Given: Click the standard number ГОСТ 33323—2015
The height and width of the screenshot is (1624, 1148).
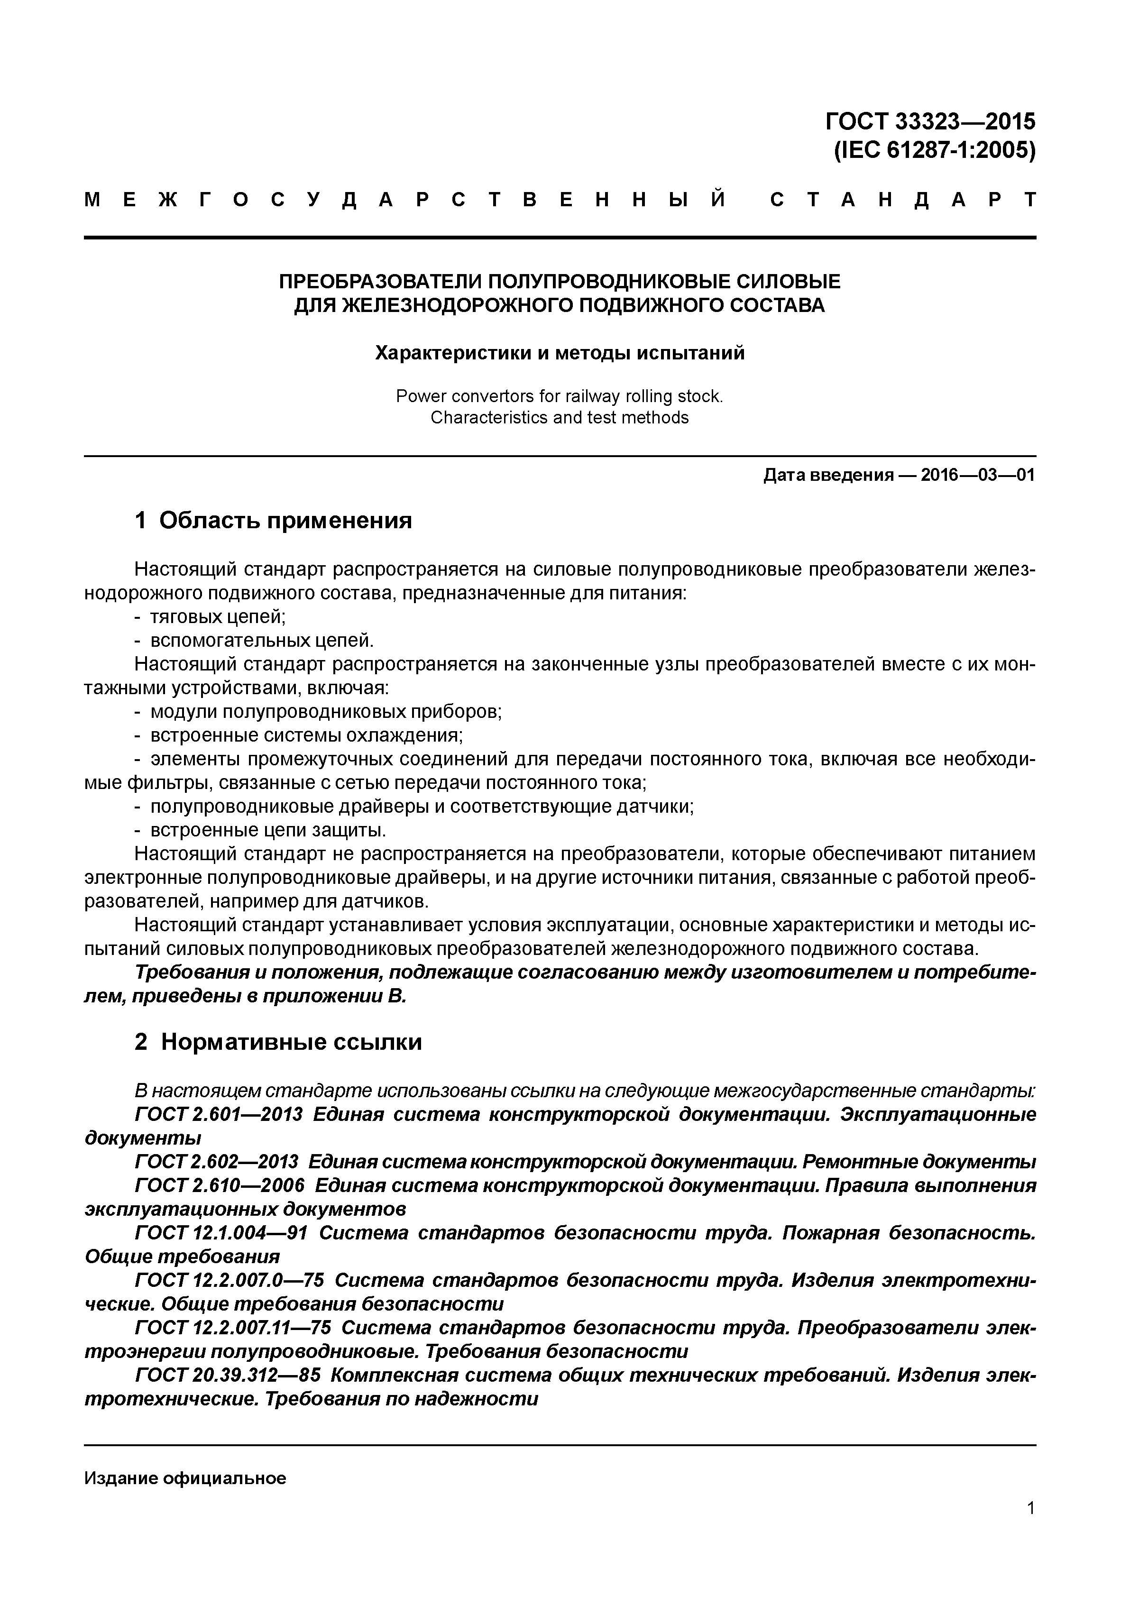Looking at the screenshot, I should (x=929, y=122).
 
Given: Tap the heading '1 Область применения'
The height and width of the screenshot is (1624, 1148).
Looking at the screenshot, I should (x=272, y=521).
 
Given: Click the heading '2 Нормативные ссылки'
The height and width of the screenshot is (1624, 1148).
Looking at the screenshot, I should (x=277, y=1042).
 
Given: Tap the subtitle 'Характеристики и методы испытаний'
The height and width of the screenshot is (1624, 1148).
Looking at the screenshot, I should (x=560, y=352).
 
